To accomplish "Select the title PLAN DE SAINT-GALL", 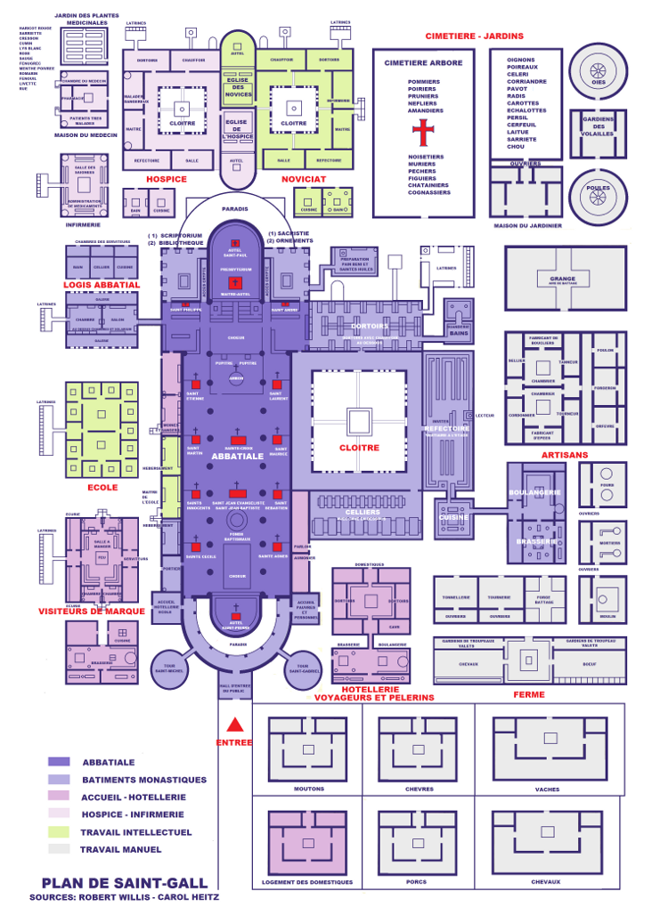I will [124, 883].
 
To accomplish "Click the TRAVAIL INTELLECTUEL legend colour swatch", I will [59, 832].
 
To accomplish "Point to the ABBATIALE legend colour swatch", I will [59, 762].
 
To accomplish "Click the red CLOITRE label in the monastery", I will [360, 448].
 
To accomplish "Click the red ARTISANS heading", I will [564, 455].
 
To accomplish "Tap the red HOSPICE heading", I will [167, 179].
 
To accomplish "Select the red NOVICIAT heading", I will [304, 179].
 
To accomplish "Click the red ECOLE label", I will [102, 487].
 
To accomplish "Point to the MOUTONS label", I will [309, 789].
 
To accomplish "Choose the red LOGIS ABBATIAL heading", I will [102, 285].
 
